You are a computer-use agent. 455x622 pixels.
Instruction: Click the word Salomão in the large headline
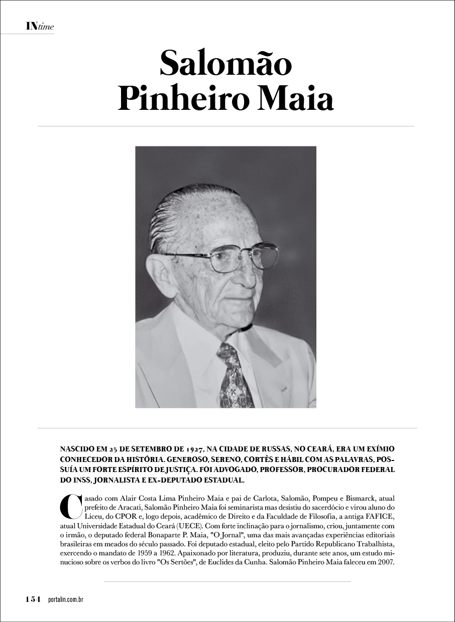225,64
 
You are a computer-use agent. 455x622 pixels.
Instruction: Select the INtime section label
40,27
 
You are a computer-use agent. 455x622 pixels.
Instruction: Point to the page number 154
33,599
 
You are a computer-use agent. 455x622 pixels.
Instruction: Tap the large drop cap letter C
70,507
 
